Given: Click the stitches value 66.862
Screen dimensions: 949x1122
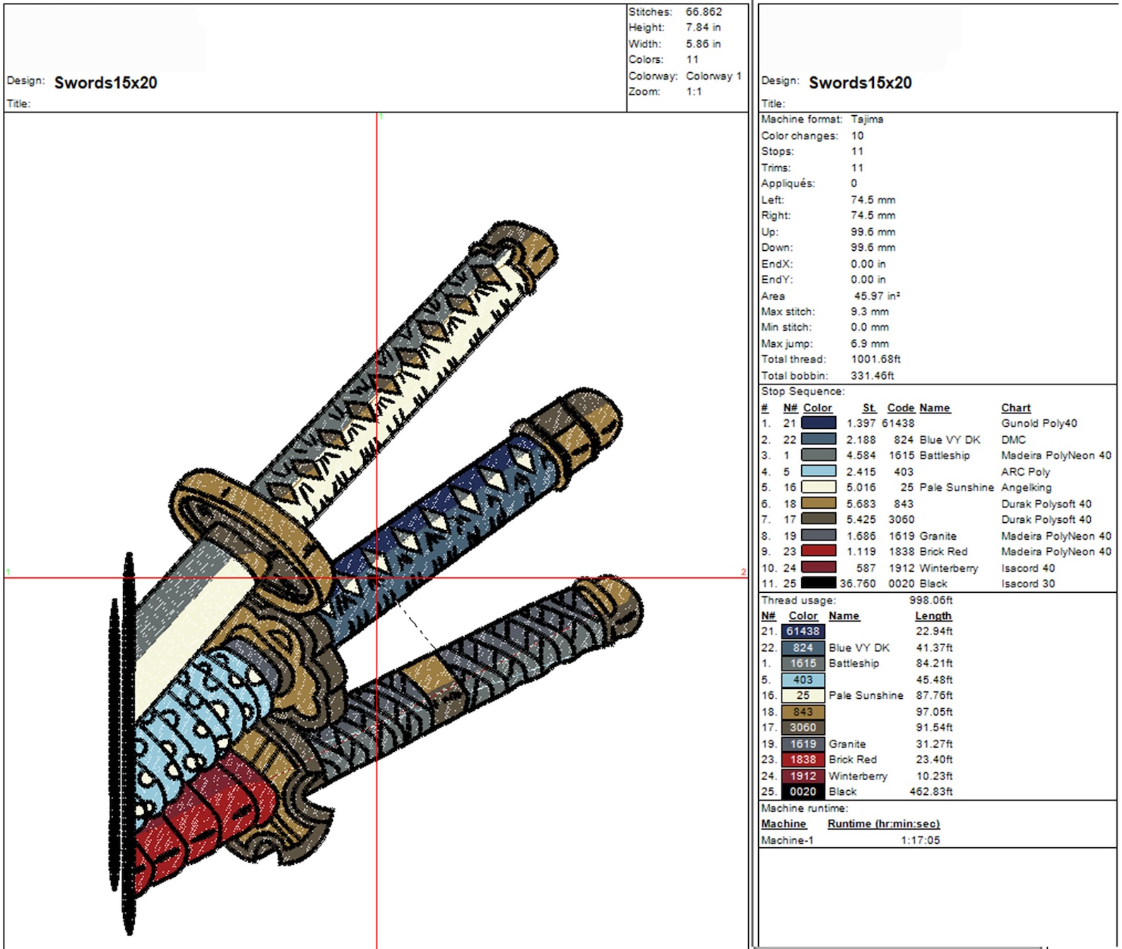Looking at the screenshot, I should point(704,12).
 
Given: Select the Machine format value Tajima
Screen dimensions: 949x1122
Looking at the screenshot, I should point(867,119).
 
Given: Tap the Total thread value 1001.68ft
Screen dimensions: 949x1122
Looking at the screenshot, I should point(875,359).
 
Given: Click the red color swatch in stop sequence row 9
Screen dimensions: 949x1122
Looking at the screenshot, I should point(818,551).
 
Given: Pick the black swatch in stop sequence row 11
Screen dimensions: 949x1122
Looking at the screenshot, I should point(818,584).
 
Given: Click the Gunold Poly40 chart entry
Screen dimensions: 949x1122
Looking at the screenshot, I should point(1039,423).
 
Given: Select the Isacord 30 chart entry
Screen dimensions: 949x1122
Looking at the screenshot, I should point(1028,584).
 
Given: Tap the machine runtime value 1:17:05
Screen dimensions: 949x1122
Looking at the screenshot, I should point(920,840).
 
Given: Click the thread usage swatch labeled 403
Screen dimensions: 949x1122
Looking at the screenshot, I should point(803,680).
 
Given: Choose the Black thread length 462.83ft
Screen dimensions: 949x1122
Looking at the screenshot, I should point(931,791).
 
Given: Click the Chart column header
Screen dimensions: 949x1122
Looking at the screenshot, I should point(1015,408).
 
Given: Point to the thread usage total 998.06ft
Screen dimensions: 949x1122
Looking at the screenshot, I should point(931,600).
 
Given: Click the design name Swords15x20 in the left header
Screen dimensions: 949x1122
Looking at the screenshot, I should point(106,83).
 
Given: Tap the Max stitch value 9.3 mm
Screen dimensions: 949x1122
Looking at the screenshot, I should point(870,312).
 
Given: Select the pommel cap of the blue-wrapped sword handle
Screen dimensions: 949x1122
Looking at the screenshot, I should point(576,431).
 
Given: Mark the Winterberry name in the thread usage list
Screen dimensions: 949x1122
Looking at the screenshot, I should point(857,776).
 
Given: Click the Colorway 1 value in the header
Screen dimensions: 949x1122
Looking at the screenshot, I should point(714,76).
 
